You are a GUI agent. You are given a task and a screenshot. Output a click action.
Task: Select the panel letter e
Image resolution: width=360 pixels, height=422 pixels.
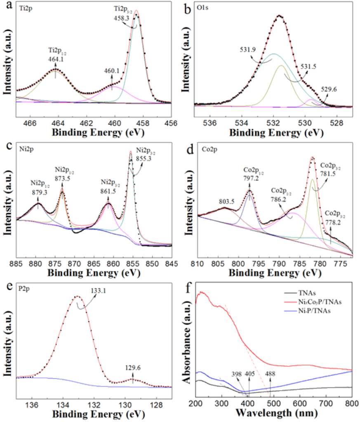pos(6,289)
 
